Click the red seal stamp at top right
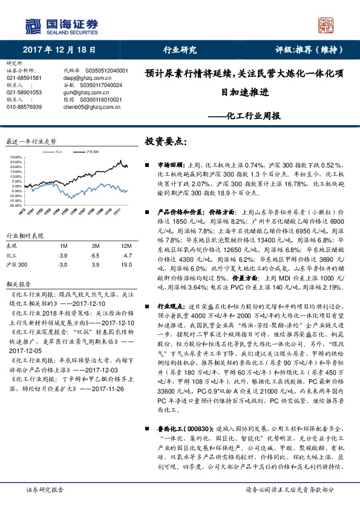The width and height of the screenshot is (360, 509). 328,25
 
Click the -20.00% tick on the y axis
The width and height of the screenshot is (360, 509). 16,206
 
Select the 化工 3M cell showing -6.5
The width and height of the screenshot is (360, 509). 95,256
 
